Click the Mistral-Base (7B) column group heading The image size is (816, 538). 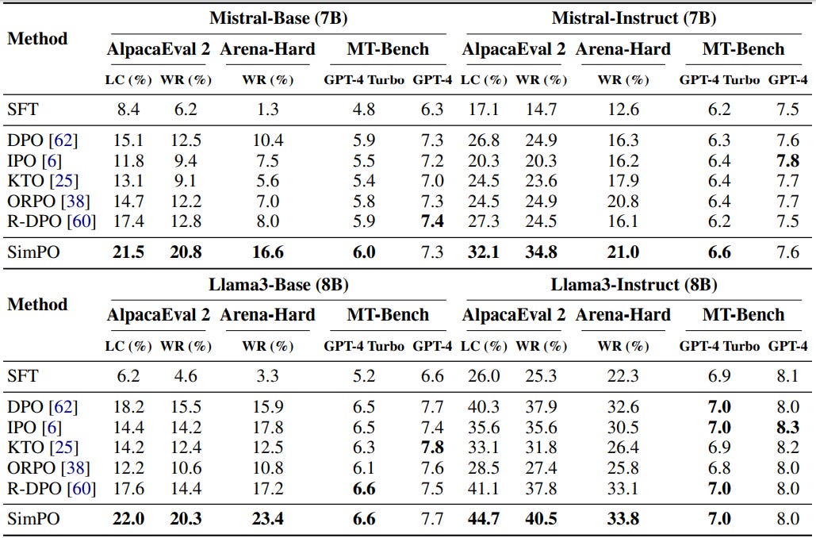(x=278, y=17)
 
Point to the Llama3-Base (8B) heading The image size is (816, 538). (x=278, y=283)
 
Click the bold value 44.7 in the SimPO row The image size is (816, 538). (x=484, y=520)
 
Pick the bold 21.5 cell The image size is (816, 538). (x=128, y=253)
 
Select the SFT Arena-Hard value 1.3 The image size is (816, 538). (x=266, y=110)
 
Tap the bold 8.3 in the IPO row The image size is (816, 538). (x=788, y=427)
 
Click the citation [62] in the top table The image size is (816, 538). (x=65, y=141)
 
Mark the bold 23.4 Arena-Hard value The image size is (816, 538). (x=266, y=520)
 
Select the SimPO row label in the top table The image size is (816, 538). (x=29, y=253)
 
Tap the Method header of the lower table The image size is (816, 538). (x=37, y=305)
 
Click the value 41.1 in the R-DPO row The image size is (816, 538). (x=484, y=488)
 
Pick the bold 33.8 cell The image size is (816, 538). (x=623, y=520)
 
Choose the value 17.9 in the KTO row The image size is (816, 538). (x=623, y=181)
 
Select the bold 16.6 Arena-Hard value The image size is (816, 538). (x=266, y=253)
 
